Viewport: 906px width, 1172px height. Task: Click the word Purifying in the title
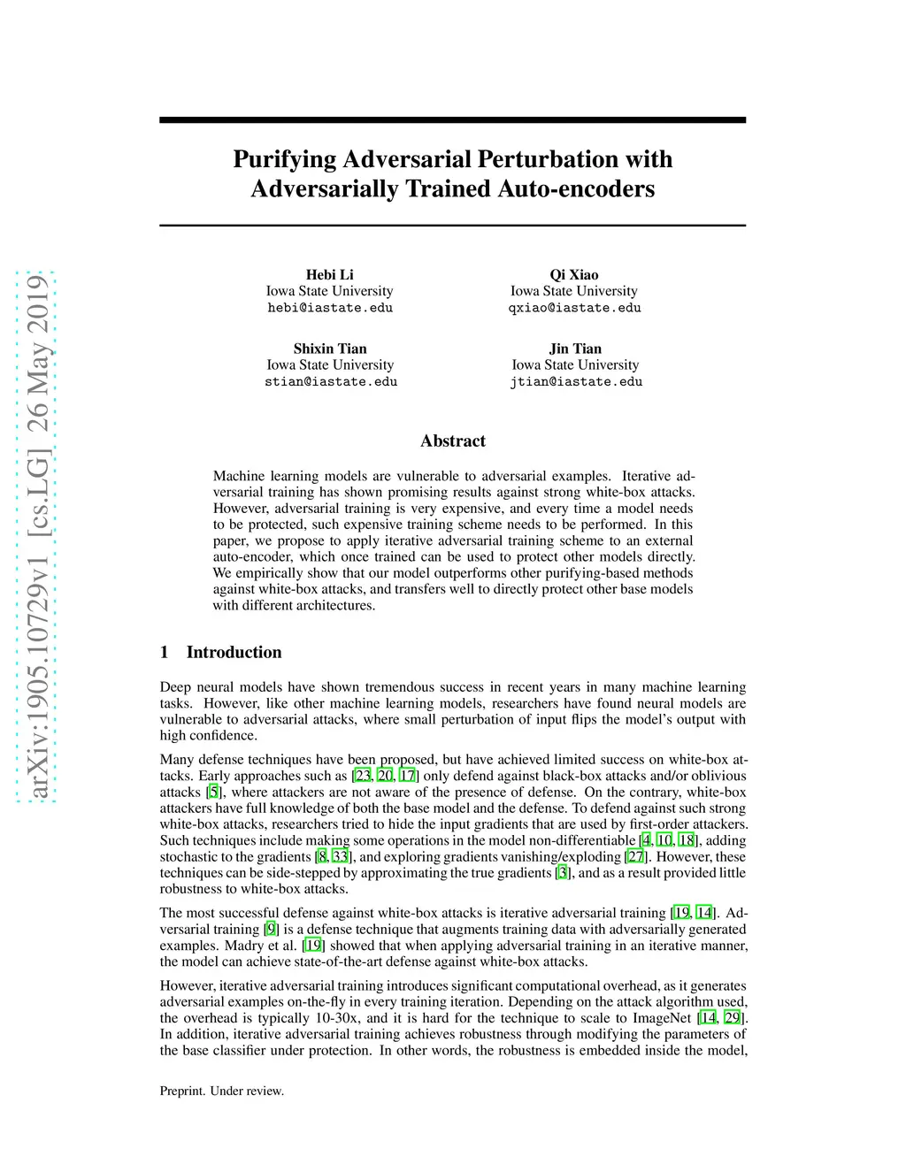pos(285,159)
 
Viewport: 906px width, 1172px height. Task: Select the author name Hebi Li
pos(329,275)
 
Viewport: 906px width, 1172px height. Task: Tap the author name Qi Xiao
pos(574,275)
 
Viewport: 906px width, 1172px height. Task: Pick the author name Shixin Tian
pos(330,349)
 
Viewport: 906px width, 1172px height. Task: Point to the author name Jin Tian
pos(575,349)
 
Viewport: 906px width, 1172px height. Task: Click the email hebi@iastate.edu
pos(330,308)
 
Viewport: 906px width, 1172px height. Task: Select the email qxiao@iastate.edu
pos(574,308)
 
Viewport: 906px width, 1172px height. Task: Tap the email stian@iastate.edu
pos(331,382)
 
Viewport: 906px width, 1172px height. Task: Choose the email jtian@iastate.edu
pos(576,382)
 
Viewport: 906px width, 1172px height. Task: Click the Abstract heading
pos(453,441)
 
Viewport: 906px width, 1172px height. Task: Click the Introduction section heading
pos(234,653)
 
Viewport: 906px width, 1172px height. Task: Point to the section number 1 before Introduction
pos(165,653)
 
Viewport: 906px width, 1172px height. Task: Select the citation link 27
pos(636,857)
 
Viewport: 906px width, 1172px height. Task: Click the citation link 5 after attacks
pos(214,793)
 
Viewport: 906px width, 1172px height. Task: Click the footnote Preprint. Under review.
pos(222,1092)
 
